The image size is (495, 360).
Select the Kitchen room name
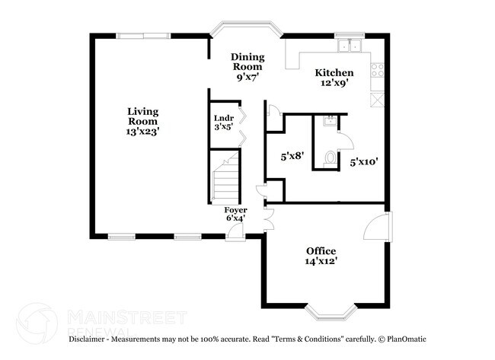point(334,73)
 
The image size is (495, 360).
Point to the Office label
point(321,251)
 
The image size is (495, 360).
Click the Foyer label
point(235,209)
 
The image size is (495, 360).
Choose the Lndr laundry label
point(222,118)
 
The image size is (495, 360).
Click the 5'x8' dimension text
point(292,156)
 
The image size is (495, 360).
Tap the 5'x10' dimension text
point(364,161)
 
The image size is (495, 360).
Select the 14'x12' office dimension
point(321,261)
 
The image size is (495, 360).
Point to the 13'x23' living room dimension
point(142,132)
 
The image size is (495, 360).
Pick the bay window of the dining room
point(246,30)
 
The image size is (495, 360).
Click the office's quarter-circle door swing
point(376,228)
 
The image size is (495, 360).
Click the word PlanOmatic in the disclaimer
point(408,339)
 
